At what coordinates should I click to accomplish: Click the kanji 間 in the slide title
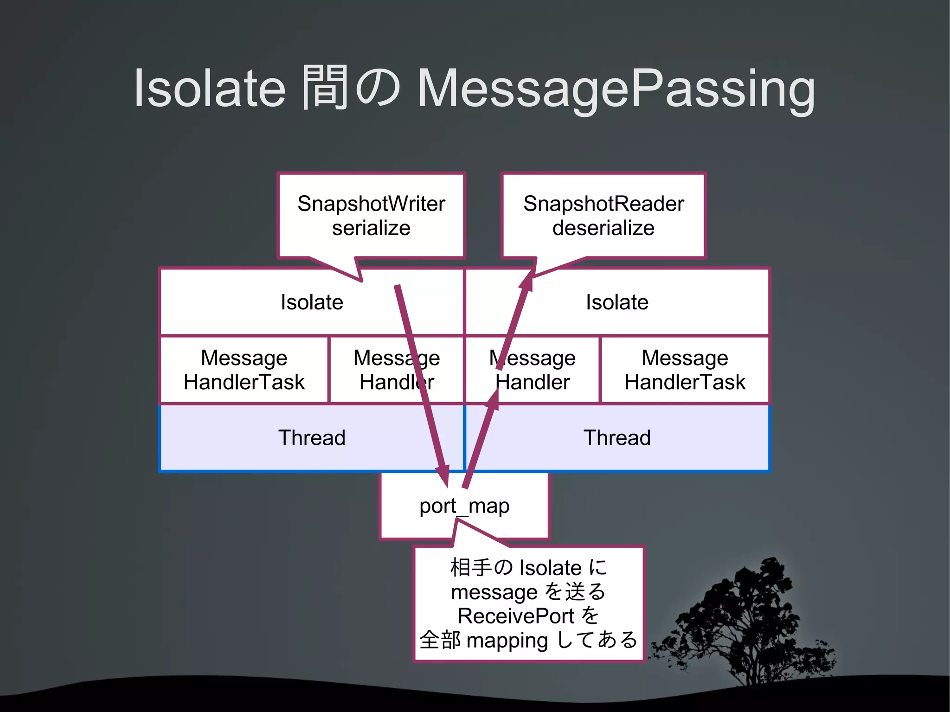tap(325, 87)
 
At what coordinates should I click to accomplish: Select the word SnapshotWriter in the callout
tap(371, 204)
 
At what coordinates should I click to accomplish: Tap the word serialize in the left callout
tap(371, 228)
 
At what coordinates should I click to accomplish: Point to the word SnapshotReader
tap(603, 204)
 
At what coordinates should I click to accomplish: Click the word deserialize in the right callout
tap(603, 228)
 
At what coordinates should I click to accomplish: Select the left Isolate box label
tap(312, 302)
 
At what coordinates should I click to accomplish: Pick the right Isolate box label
tap(617, 302)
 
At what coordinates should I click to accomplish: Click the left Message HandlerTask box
tap(244, 370)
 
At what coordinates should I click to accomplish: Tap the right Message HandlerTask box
tap(685, 370)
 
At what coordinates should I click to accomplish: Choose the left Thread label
tap(312, 437)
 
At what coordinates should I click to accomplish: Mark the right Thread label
tap(617, 437)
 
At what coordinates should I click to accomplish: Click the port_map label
tap(464, 506)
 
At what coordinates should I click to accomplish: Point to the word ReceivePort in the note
tap(516, 616)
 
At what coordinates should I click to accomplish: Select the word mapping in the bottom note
tap(507, 641)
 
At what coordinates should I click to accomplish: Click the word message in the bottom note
tap(494, 592)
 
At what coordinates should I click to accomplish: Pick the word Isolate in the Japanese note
tap(550, 568)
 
